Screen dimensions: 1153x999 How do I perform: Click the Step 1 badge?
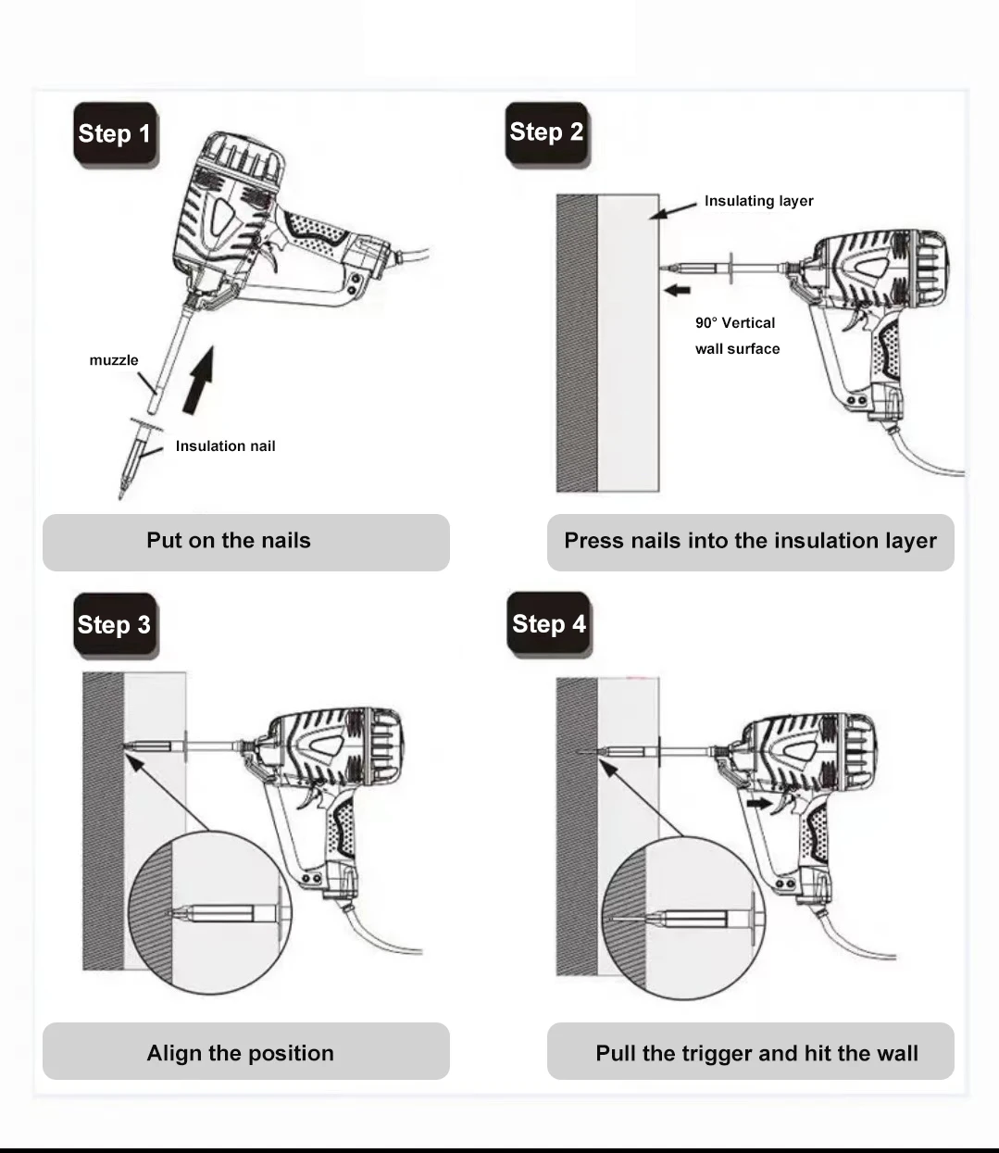(x=115, y=134)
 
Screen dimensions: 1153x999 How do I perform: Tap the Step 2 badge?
(x=546, y=132)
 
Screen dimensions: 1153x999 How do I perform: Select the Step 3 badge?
(x=114, y=625)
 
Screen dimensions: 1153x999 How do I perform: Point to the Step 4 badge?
(x=549, y=624)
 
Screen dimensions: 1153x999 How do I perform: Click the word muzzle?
(x=114, y=360)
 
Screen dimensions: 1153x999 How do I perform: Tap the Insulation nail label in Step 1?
(x=225, y=446)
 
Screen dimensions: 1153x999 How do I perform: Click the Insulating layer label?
(x=758, y=201)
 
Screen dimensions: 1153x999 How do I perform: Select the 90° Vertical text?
(x=735, y=323)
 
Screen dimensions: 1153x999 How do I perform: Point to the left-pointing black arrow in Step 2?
(x=678, y=290)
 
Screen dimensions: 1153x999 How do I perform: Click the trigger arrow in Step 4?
(x=758, y=804)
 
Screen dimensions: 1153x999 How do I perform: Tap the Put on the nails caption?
(x=229, y=541)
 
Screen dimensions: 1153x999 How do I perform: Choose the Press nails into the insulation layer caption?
(x=750, y=541)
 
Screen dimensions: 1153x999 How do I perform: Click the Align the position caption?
(x=240, y=1053)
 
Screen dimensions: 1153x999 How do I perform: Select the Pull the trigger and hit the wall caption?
(x=756, y=1053)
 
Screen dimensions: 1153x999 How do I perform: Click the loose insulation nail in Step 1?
(x=135, y=456)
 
